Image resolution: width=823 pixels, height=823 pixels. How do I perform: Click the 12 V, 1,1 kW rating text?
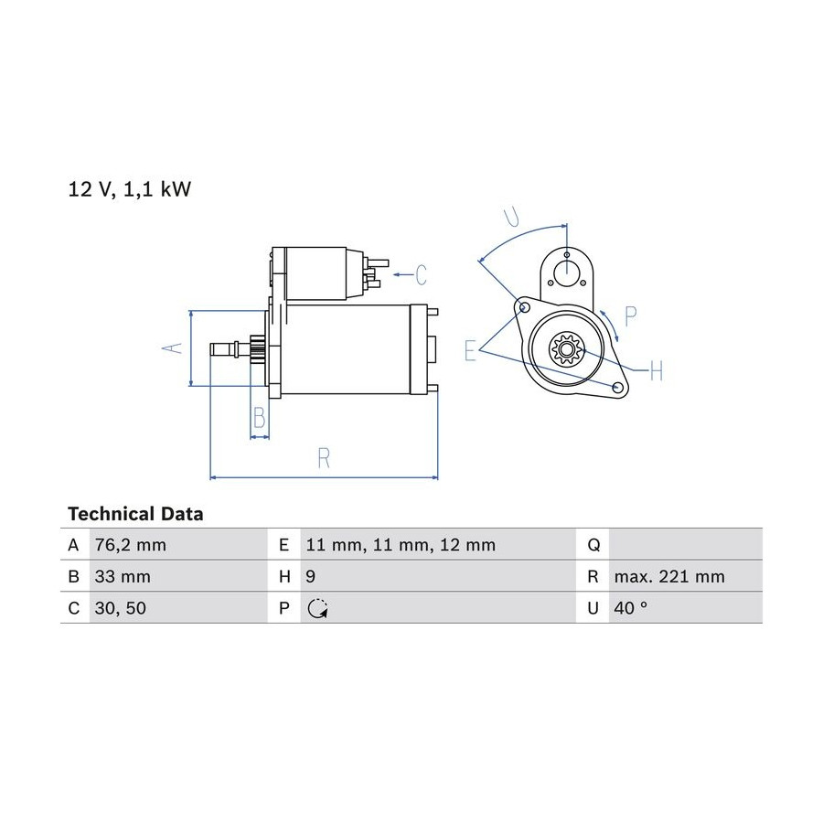tap(130, 189)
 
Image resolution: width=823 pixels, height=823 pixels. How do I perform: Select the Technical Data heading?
tap(135, 514)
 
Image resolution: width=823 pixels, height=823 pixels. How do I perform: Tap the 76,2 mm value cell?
tap(130, 545)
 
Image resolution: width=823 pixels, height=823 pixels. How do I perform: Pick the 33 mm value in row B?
tap(123, 577)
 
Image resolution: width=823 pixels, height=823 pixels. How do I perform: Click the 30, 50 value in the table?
tap(120, 608)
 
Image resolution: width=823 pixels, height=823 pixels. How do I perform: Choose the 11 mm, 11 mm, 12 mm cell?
tap(401, 545)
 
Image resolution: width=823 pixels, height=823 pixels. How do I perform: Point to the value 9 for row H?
tap(311, 577)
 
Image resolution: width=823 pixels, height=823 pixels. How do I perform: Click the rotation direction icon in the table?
tap(317, 608)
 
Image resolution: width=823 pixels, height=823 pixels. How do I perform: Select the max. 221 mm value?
tap(669, 577)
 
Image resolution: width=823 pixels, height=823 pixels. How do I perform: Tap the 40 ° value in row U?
tap(630, 608)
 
